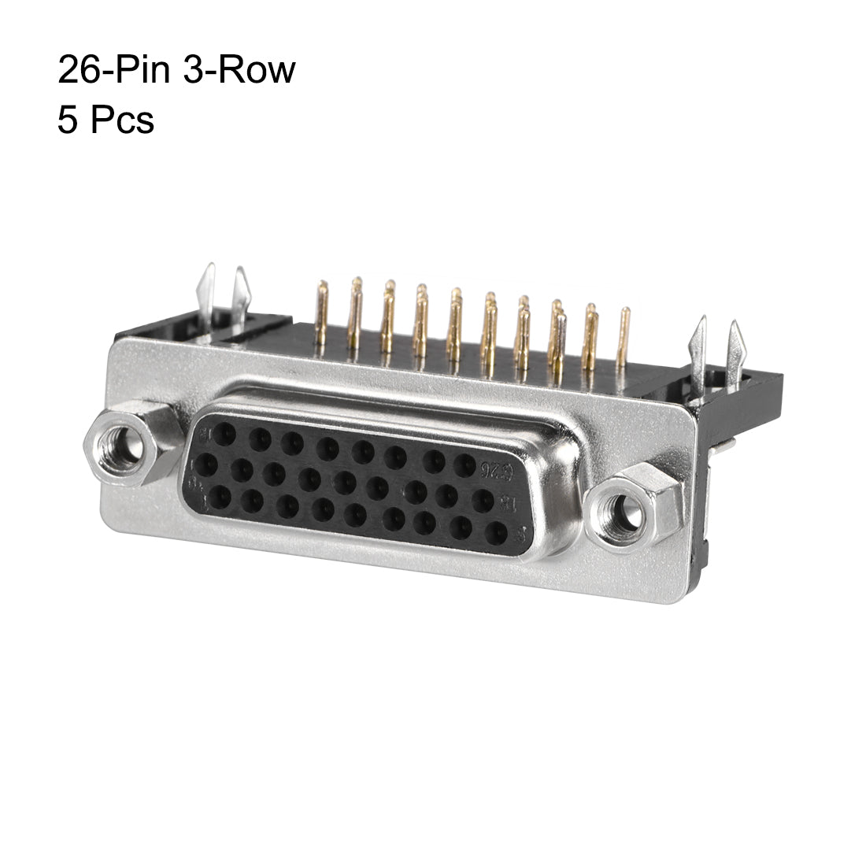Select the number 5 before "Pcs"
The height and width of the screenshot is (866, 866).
[68, 121]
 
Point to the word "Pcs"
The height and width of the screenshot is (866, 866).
[121, 121]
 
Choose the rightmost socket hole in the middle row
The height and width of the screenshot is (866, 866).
[482, 501]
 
